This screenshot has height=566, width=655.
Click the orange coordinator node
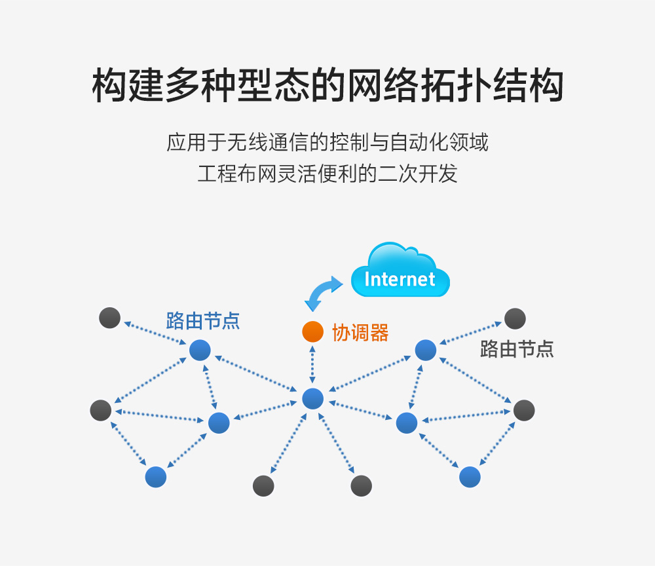coord(313,331)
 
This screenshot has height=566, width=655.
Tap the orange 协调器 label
coord(360,333)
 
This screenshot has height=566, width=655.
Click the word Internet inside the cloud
coord(400,279)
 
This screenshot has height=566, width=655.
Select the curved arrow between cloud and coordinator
coord(324,293)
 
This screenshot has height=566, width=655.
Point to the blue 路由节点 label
coord(203,321)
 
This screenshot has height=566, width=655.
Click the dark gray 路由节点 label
coord(517,349)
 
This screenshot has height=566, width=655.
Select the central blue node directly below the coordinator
coord(313,398)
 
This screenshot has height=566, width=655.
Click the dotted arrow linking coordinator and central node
coord(312,365)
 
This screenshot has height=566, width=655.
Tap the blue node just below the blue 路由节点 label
coord(200,350)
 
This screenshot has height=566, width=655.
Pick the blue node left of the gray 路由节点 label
coord(426,350)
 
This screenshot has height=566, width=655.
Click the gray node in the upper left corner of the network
coord(110,318)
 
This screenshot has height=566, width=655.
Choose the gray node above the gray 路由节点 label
coord(515,319)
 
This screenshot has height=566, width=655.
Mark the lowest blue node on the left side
coord(156,477)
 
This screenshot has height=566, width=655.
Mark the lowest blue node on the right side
coord(470,477)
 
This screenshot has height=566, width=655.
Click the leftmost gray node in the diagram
coord(101,410)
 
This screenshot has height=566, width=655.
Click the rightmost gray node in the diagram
coord(524,410)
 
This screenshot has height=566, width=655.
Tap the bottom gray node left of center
coord(263,486)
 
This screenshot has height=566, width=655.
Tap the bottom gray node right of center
coord(362,486)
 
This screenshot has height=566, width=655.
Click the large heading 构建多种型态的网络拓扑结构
coord(328,85)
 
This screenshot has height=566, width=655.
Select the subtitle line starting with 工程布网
coord(327,174)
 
